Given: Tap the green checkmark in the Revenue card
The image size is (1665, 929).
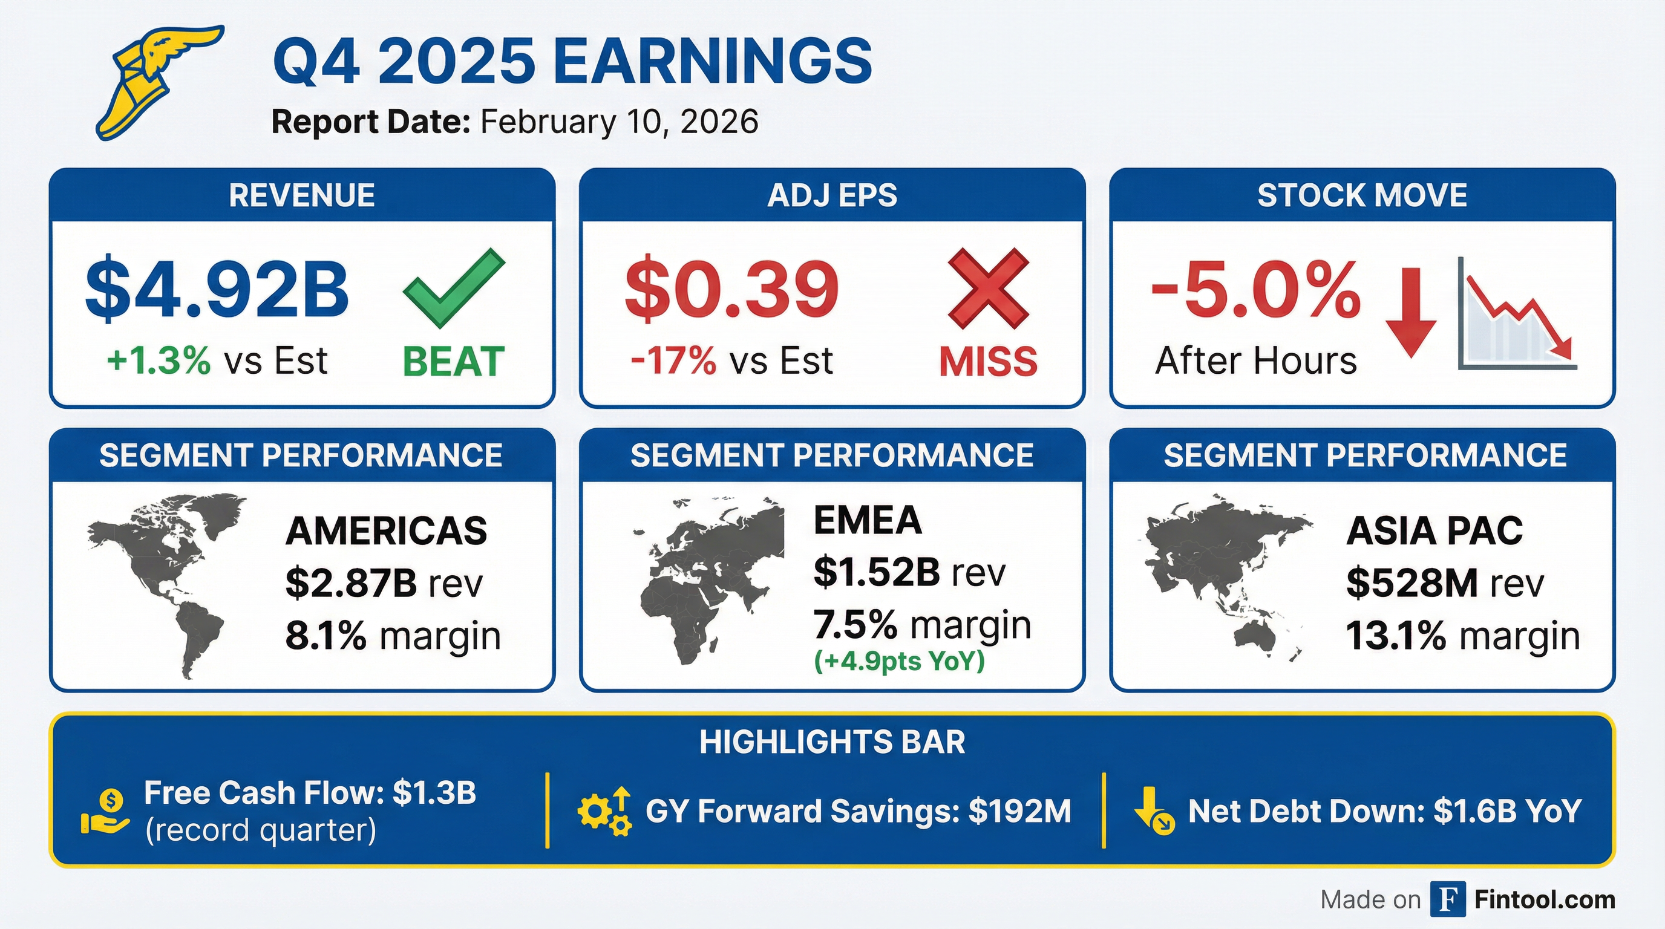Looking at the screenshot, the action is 453,288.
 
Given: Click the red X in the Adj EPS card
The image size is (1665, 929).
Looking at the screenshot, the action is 987,288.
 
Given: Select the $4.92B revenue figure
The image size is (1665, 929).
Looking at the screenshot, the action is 217,288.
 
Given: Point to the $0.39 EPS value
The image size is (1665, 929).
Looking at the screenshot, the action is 731,288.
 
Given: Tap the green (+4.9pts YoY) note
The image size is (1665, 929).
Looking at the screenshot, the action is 899,661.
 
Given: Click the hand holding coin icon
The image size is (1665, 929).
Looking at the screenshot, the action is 105,812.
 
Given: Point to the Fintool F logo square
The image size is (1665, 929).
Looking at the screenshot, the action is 1447,899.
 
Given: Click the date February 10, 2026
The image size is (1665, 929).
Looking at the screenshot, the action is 619,122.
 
